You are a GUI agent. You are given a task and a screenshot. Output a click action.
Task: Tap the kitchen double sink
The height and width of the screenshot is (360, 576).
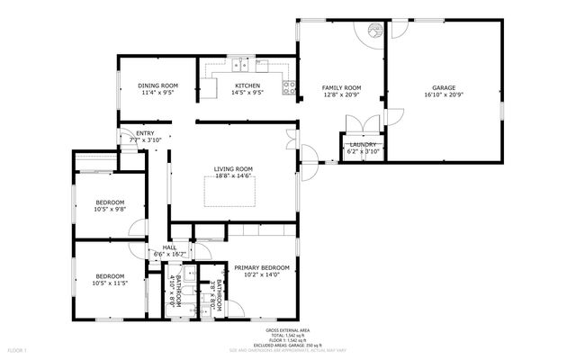[x=240, y=64]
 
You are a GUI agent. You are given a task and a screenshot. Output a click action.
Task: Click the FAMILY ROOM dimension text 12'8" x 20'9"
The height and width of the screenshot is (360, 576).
[x=342, y=94]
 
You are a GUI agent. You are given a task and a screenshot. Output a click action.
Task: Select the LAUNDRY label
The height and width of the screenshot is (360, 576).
[x=363, y=144]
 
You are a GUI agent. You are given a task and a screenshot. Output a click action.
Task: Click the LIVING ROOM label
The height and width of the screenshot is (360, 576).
[x=233, y=168]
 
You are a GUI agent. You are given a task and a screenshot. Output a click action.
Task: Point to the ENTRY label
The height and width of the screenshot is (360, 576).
[x=145, y=133]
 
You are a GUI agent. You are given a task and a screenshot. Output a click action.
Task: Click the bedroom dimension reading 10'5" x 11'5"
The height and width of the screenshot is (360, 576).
[x=110, y=283]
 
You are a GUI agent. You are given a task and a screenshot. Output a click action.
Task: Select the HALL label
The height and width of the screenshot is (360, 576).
[x=169, y=248]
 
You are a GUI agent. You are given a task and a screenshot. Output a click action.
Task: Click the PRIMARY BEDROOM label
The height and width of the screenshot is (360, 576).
[x=262, y=267]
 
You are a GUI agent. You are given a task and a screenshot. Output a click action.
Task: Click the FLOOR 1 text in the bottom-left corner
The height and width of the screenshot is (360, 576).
[x=18, y=349]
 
